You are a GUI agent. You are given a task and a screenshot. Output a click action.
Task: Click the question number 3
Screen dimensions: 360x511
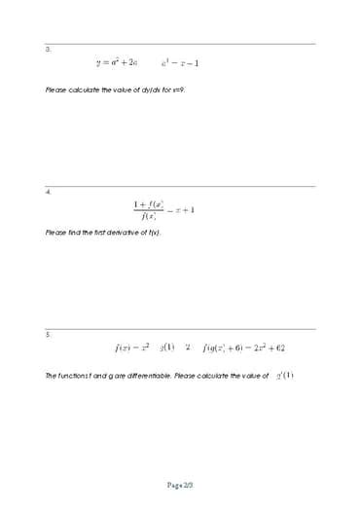coord(48,49)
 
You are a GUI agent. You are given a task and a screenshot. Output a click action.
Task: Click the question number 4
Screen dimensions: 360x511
coord(48,192)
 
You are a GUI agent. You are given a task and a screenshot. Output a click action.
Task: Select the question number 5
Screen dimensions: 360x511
coord(48,334)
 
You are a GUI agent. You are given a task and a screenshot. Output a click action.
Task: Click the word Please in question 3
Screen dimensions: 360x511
coord(56,90)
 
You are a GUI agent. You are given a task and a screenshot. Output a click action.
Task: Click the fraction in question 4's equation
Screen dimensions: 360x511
coord(150,210)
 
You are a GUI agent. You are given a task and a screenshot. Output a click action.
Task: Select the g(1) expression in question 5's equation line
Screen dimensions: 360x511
coord(166,347)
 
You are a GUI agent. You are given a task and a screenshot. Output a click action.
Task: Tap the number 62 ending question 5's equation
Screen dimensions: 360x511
coord(279,347)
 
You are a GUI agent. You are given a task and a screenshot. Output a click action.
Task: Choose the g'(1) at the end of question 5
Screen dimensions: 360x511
coord(284,375)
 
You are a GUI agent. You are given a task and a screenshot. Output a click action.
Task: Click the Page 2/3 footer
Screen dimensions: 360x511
coord(180,484)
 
